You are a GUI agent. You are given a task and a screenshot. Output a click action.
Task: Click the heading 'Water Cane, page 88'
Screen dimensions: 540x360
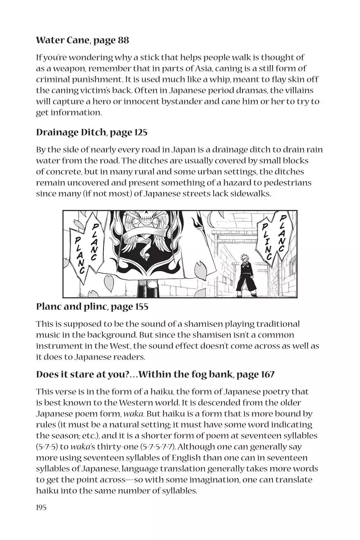(x=82, y=40)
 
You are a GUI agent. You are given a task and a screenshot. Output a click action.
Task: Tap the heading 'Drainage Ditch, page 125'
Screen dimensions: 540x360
(x=92, y=132)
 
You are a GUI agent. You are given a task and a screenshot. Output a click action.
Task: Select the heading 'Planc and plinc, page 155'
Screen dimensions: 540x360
(x=92, y=306)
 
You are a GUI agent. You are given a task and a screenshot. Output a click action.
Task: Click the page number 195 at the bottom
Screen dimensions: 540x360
(x=41, y=507)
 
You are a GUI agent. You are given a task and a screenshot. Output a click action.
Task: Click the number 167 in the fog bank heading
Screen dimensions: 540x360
(x=267, y=374)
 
